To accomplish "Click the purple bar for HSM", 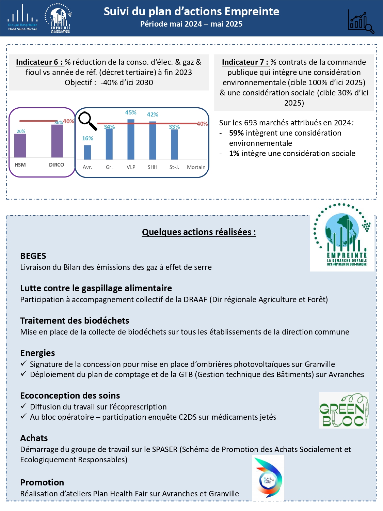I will pos(20,145).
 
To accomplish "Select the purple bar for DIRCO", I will pos(57,141).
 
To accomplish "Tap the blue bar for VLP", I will pos(131,139).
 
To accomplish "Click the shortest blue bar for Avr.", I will pos(87,152).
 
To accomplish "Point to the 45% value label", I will pos(131,112).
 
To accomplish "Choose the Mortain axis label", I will pos(196,167).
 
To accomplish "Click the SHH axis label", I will pos(153,167).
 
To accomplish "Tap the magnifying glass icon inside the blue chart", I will pos(87,121).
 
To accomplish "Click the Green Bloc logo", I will pos(344,410).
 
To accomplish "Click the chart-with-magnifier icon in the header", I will pos(361,21).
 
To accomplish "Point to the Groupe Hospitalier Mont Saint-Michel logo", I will pos(22,18).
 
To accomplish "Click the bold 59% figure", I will pos(236,133).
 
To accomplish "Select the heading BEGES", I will pos(33,256).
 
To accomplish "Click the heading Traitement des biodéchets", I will pos(75,321).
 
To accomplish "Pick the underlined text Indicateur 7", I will pos(245,62).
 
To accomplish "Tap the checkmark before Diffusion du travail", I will pos(23,406).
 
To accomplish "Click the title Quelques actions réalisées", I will pos(199,232).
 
